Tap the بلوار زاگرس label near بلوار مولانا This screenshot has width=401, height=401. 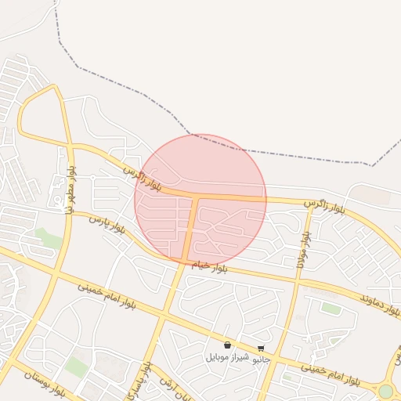pyautogui.click(x=325, y=205)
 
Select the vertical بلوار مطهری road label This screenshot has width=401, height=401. pyautogui.click(x=70, y=189)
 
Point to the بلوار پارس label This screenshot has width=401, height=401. pyautogui.click(x=107, y=225)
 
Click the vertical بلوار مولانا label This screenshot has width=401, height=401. pyautogui.click(x=301, y=251)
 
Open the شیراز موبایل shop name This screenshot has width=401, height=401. pyautogui.click(x=228, y=357)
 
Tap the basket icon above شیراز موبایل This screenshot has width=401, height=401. pyautogui.click(x=228, y=345)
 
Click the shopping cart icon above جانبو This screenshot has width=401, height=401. pyautogui.click(x=261, y=349)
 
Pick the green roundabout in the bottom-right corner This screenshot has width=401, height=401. pyautogui.click(x=385, y=391)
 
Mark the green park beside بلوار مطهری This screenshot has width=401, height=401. pyautogui.click(x=49, y=238)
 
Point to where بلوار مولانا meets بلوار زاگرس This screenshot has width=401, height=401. pyautogui.click(x=309, y=204)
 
